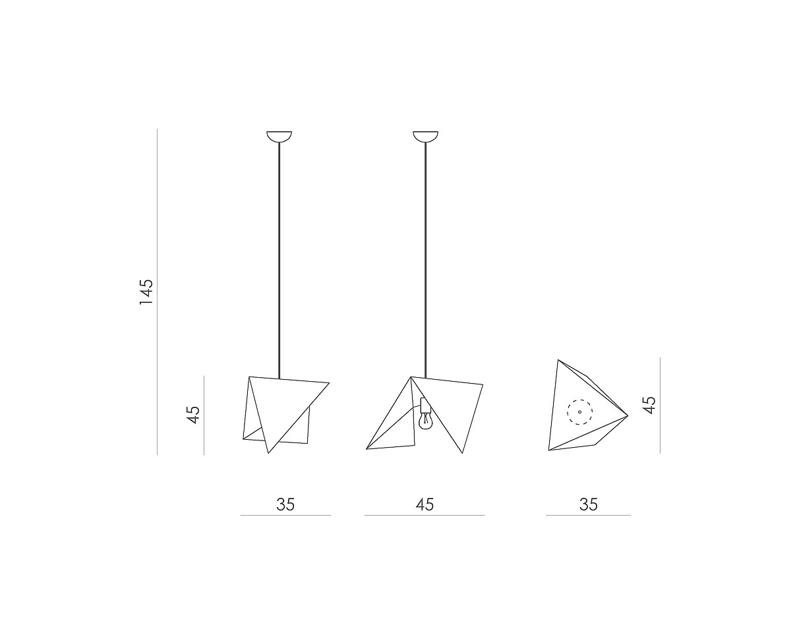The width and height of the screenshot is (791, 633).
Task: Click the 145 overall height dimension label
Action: click(x=146, y=292)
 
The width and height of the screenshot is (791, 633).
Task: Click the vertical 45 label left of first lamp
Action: click(x=193, y=415)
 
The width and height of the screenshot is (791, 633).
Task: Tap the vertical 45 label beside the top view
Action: click(x=650, y=405)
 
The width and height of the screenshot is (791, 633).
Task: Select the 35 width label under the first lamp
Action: click(x=285, y=504)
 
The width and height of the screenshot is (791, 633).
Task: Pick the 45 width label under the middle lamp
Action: click(x=425, y=504)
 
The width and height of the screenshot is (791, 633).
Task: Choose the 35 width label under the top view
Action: click(x=589, y=504)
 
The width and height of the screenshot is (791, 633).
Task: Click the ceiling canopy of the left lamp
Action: click(x=279, y=136)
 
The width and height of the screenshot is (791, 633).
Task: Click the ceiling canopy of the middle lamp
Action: click(x=426, y=136)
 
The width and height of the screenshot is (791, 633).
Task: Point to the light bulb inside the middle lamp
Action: click(x=425, y=421)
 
